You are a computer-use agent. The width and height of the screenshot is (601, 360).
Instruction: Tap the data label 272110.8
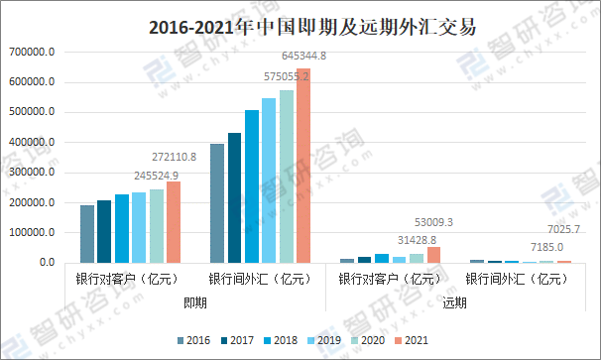point(173,157)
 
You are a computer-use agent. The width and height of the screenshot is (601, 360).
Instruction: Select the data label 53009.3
point(432,223)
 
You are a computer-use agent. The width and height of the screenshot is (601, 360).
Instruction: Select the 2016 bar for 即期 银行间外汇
point(217,203)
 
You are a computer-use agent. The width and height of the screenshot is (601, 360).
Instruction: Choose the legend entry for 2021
point(410,340)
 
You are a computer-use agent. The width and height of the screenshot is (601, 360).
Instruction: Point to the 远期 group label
point(454,302)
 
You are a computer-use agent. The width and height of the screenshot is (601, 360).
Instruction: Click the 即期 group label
point(195,302)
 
